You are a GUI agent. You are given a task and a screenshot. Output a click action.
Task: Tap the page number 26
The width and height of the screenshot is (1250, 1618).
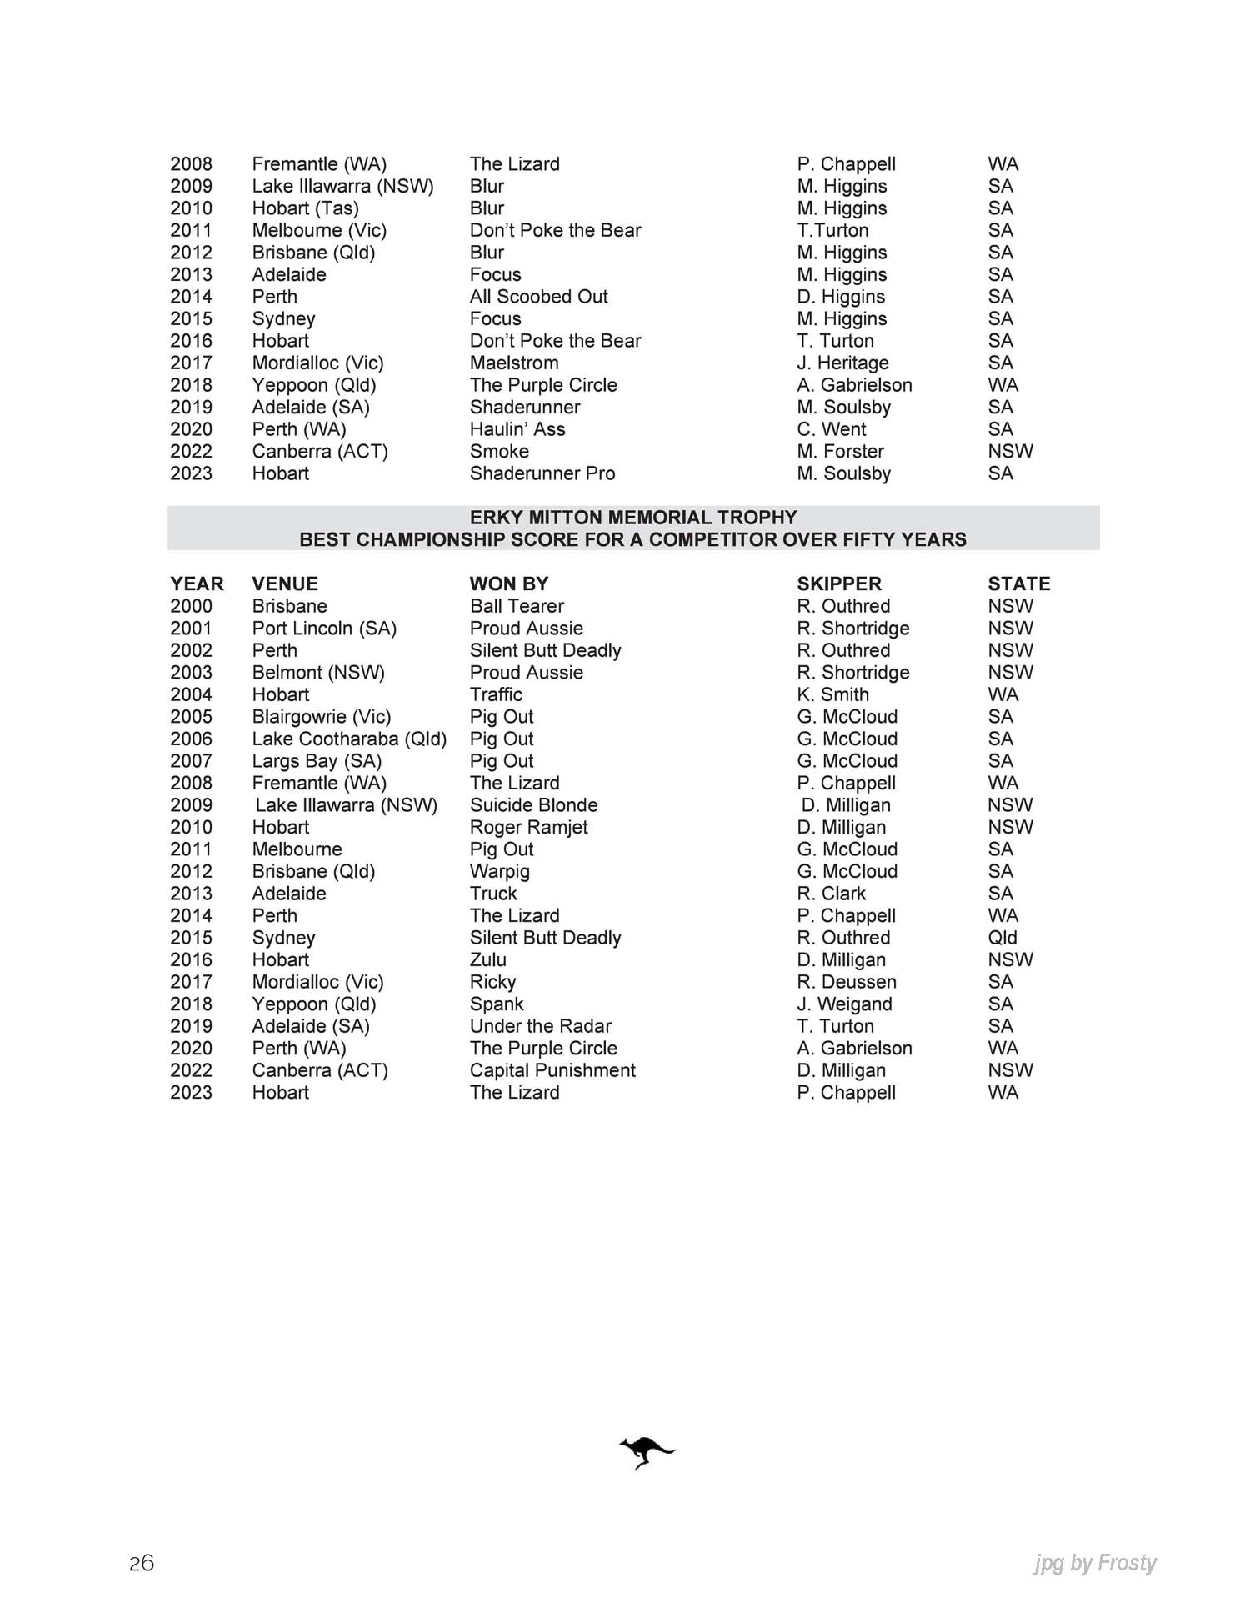pos(142,1563)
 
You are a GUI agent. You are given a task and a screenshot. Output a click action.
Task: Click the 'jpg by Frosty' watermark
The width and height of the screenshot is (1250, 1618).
pos(1095,1563)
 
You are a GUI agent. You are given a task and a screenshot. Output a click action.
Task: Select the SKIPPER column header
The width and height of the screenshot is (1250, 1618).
pos(838,584)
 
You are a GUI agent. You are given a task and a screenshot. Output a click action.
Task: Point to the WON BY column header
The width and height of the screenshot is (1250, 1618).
pos(508,584)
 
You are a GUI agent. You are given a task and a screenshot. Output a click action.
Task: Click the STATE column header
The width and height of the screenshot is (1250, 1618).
pos(1018,584)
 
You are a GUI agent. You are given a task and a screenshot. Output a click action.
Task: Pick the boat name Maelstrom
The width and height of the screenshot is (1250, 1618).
pos(514,363)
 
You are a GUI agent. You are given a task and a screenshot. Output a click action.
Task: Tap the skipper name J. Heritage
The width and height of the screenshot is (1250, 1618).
pos(842,363)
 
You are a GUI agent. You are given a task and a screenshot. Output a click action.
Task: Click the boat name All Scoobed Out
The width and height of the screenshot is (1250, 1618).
pos(538,297)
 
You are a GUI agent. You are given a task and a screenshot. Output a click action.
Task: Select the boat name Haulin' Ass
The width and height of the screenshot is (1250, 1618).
pos(517,429)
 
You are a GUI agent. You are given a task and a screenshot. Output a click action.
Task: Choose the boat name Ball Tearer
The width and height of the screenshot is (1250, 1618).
pos(517,606)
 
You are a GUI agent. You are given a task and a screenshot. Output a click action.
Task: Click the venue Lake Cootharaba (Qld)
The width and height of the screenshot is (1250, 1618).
pos(349,739)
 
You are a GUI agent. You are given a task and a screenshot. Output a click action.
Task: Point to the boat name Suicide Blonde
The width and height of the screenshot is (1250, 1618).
pos(533,805)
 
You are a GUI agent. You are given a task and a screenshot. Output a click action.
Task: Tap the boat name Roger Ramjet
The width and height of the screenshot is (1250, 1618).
pos(528,827)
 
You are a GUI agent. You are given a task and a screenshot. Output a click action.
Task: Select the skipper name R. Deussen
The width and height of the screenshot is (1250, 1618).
pos(846,982)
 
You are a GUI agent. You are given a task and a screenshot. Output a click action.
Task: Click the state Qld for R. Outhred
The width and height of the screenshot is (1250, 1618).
pos(1002,938)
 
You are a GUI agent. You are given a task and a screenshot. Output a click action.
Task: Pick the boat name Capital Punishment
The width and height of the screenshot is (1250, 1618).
pos(552,1070)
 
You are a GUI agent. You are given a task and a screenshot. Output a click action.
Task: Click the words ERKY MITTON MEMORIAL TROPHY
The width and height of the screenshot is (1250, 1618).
pos(633,517)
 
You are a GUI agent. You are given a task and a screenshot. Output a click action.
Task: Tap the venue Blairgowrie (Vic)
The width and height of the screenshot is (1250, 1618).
pos(321,717)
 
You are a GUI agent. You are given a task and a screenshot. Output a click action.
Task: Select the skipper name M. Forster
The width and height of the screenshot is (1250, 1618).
pos(840,451)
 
